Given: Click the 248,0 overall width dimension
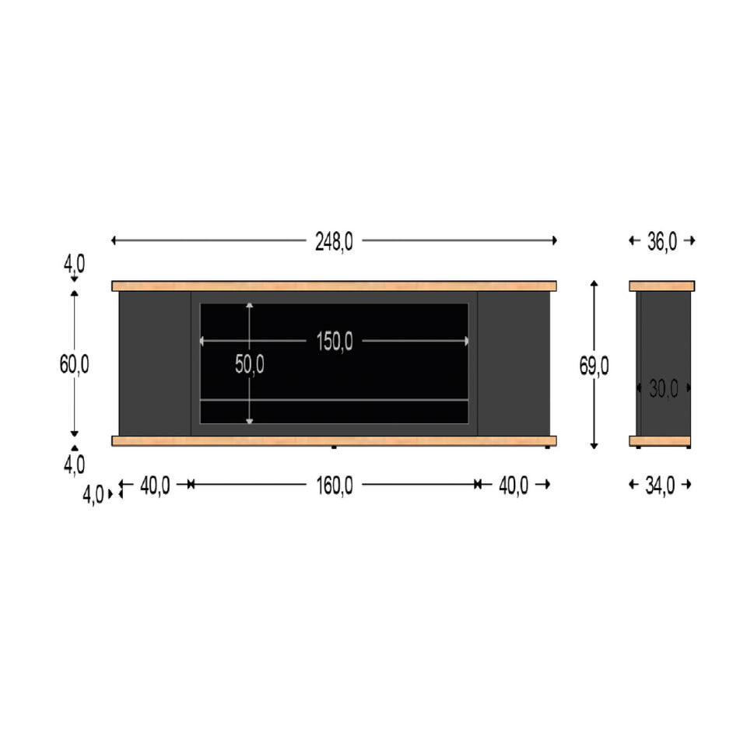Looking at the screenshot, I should coord(334,242).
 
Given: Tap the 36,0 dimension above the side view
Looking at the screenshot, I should coord(661,242).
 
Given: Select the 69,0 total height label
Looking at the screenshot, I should coord(594,366).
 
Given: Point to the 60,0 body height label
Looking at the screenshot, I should coord(75,363).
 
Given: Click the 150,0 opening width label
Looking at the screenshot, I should coord(335,342).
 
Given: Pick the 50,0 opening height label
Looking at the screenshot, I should coord(250,364).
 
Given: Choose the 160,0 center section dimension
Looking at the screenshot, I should coord(335,486).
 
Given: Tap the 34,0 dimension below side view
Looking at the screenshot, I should coord(660,486).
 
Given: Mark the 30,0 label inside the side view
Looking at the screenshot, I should coord(664,388).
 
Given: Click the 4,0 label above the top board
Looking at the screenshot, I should coord(75,264).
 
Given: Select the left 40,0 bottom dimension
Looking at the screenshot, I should coord(155,486).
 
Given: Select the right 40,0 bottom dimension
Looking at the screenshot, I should coord(514,486).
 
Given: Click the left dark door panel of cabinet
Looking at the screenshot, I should coord(155,363).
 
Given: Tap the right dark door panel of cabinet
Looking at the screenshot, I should coord(514,363).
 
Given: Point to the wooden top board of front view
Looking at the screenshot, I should coord(334,286).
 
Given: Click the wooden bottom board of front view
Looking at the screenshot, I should coord(334,441).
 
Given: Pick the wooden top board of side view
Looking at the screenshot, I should coord(661,286).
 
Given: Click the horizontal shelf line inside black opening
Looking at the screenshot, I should coord(334,400).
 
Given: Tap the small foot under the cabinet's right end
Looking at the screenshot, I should coord(549,448).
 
